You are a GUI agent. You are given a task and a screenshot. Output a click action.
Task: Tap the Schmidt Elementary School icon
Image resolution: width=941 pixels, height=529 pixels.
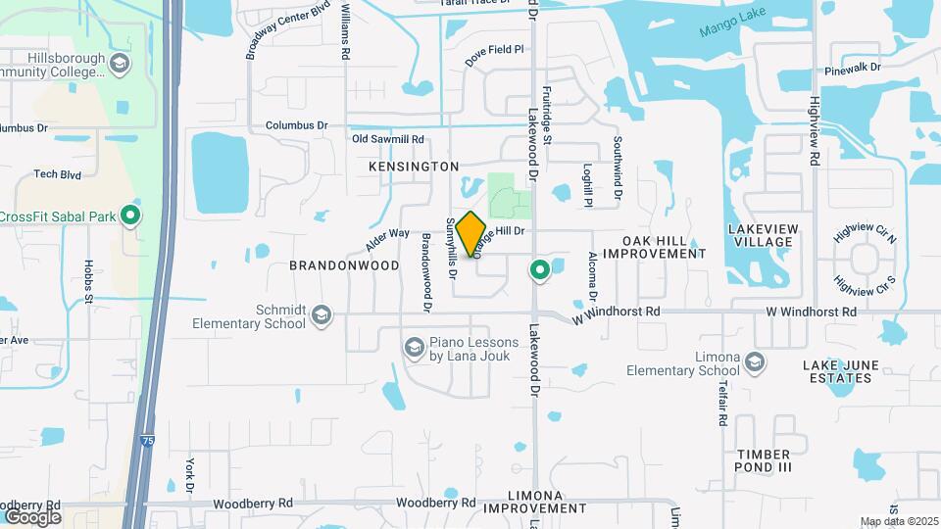click(322, 315)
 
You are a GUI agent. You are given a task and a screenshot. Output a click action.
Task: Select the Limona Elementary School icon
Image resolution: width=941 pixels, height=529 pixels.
click(754, 362)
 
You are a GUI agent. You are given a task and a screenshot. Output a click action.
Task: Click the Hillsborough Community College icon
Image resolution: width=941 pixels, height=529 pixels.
click(120, 65)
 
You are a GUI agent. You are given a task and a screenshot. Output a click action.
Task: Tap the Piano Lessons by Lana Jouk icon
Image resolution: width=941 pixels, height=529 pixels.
click(414, 347)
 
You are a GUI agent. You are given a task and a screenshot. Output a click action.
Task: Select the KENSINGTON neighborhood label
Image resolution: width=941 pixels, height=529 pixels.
click(413, 168)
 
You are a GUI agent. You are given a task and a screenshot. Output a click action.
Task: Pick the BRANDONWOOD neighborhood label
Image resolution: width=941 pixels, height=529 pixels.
click(344, 265)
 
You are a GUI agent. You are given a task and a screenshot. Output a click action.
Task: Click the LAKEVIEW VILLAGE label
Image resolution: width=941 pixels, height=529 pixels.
click(761, 234)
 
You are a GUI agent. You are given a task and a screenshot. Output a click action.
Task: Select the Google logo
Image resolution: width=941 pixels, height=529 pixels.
click(32, 516)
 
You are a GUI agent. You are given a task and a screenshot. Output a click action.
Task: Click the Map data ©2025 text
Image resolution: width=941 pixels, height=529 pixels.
click(899, 521)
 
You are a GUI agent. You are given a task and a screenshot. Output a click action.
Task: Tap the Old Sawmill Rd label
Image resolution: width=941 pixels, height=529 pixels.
click(387, 140)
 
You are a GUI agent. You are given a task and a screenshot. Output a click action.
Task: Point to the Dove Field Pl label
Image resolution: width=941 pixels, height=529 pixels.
click(495, 55)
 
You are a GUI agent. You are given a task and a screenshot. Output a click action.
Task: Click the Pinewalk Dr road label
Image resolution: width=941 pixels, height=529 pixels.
click(853, 69)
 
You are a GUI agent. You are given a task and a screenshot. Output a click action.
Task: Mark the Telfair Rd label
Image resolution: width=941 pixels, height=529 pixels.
click(719, 404)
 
